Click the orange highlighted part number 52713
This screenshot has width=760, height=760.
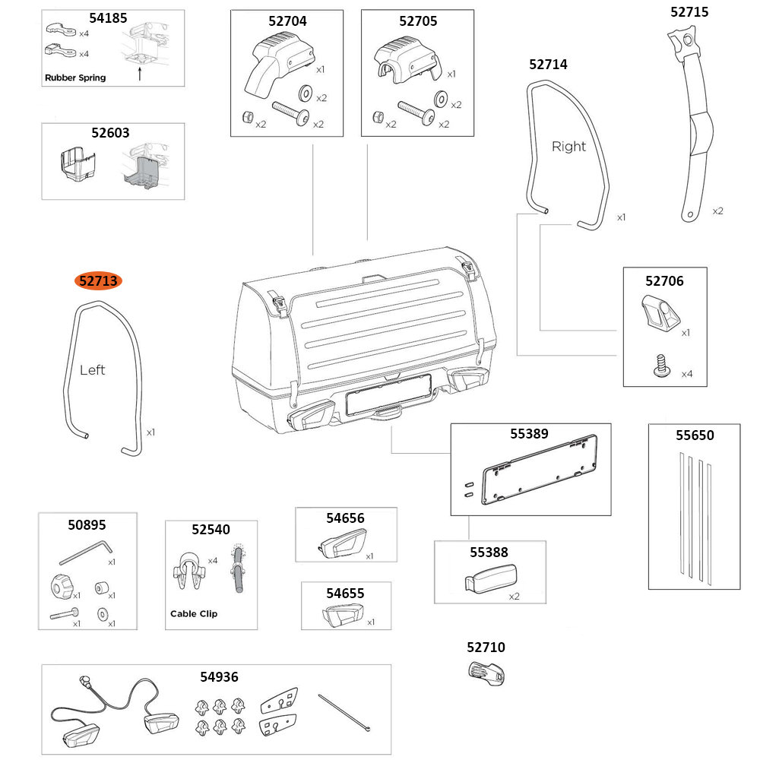point(98,281)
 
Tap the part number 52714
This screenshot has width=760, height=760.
point(548,65)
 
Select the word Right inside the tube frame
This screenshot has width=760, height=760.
point(568,147)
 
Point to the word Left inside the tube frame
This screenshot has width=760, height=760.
point(92,370)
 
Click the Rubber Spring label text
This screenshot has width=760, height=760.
point(75,78)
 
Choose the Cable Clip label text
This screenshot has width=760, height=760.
point(193,613)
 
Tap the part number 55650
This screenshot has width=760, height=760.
point(695,435)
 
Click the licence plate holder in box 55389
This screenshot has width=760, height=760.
point(539,473)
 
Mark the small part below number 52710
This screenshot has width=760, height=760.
point(486,673)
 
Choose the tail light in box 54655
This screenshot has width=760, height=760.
point(343,615)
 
